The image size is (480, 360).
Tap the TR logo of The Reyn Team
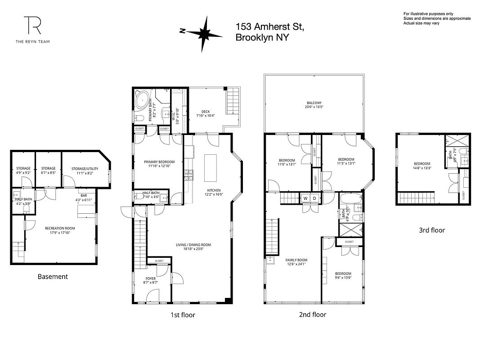pos(33,25)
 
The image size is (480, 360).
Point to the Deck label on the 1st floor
pos(206,112)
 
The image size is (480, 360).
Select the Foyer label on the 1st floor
pos(151,279)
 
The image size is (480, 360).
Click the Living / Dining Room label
pos(193,245)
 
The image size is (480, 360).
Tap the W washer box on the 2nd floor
pos(305,198)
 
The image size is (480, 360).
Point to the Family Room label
pos(296,260)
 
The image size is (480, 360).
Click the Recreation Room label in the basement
pos(60,229)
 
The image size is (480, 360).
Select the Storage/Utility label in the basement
pos(84,169)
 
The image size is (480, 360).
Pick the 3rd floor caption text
pos(432,230)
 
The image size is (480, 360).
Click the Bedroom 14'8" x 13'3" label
pos(422,164)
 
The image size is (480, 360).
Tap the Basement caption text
pos(53,277)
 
